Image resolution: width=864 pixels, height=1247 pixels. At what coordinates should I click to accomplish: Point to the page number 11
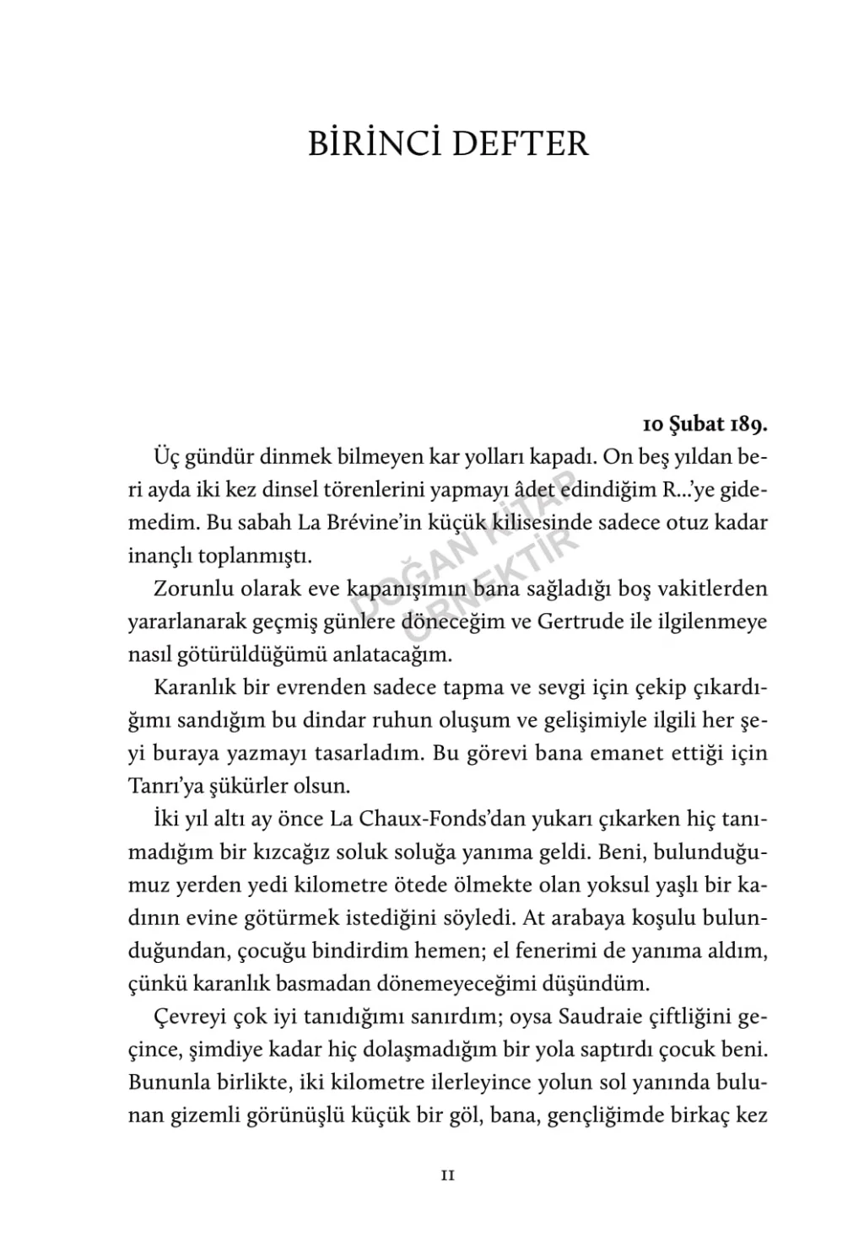click(448, 1174)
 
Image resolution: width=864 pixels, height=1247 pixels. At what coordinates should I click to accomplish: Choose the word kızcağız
click(292, 852)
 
